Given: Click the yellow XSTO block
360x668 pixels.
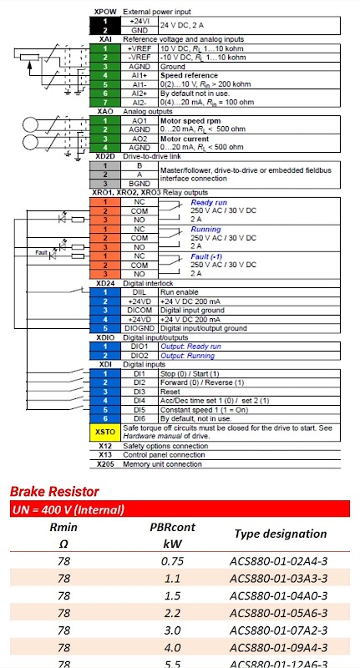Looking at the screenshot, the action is coord(105,432).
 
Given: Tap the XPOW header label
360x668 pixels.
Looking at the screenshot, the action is coord(105,12).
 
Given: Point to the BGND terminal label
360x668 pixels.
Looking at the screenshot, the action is coord(139,184).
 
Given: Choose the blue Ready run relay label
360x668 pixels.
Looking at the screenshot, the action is coord(209,202).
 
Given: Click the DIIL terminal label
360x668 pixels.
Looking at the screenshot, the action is coord(139,292).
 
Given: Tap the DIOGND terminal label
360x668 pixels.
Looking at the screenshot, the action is coord(139,328).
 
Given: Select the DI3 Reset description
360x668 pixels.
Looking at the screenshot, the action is coord(170,392).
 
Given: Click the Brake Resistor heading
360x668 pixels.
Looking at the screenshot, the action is coord(54,492).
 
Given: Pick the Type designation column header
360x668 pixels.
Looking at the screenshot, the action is coord(281,534).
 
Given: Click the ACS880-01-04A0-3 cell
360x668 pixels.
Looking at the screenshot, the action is coord(278,595).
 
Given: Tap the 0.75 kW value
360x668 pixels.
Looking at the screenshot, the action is coord(172,560).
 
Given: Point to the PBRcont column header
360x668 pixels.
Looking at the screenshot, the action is coord(172,528).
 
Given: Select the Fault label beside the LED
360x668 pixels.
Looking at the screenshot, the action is coord(42,253).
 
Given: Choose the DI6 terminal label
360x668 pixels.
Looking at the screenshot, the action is coord(139,419).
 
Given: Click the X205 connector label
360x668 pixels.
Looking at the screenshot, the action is coord(105,464).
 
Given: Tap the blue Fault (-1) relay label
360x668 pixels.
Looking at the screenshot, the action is coord(206,256).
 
